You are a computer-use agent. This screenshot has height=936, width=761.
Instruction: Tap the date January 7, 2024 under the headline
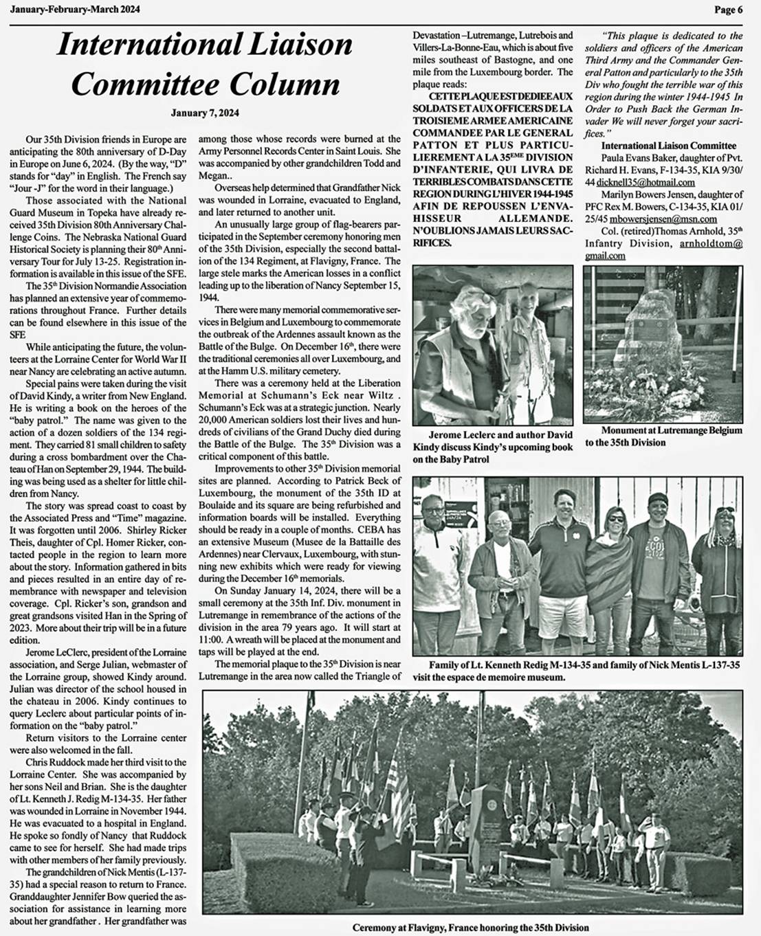205,113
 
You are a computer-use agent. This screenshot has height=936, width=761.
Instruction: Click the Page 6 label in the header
728,9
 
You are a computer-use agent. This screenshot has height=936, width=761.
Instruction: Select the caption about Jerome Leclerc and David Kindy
492,447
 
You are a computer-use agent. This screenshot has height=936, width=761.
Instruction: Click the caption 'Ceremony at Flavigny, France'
470,927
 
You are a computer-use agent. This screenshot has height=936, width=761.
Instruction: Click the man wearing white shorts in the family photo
562,564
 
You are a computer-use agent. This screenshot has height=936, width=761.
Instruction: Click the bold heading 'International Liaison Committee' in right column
668,146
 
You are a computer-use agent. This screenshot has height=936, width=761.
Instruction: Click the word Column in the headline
283,85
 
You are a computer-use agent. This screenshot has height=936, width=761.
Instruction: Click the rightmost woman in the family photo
717,570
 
